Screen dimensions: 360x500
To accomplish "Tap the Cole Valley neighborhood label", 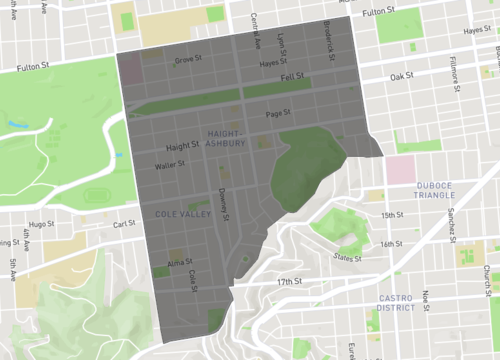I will pos(181,214).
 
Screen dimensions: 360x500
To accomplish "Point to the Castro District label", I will pos(404,303).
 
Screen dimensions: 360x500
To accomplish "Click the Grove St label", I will pos(184,60).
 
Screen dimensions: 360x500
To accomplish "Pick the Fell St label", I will pos(292,76).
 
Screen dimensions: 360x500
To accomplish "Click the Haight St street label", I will pos(183,147).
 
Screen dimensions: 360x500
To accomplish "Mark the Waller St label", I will pos(170,165).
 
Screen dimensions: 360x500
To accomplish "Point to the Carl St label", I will pos(124,225).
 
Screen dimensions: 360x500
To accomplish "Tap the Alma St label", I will pos(180,261).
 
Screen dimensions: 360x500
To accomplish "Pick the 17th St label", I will pos(288,282).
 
